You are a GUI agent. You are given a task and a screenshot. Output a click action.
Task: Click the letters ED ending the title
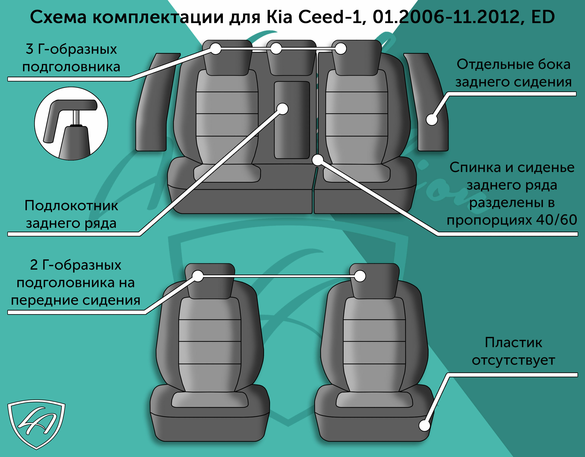click(543, 17)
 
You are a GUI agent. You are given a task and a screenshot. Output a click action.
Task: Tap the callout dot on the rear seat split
click(318, 160)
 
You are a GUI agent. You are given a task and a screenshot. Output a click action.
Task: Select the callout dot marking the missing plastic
click(424, 425)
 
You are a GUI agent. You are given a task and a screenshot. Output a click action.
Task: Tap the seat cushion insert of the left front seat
click(210, 400)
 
